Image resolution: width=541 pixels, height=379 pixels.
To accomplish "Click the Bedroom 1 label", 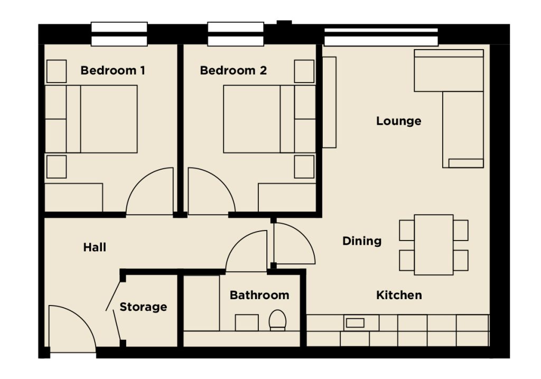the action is tap(113, 70).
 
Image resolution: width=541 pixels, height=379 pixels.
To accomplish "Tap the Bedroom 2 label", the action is tap(233, 70).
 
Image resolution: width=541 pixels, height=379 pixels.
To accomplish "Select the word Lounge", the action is tap(398, 121).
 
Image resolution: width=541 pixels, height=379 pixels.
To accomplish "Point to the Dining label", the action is tap(362, 241).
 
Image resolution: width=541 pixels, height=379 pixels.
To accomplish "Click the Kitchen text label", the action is tap(399, 295).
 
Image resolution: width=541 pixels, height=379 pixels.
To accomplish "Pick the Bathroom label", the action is tap(259, 295).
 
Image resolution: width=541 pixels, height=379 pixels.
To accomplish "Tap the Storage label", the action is tap(143, 307).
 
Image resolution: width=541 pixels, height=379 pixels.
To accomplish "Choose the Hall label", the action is tap(95, 247).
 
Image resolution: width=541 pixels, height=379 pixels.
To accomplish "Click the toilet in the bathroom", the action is tap(277, 320).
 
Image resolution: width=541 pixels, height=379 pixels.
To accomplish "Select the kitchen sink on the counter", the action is tap(355, 323).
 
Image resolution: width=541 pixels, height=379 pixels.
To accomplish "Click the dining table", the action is tap(434, 245).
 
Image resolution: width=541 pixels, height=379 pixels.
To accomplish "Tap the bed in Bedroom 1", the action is tap(91, 119).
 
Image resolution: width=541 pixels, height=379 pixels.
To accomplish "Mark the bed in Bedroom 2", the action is tap(269, 119).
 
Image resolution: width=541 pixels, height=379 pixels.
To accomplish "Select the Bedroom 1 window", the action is tap(119, 34).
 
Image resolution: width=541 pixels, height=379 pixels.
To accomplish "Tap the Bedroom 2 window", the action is tap(236, 34).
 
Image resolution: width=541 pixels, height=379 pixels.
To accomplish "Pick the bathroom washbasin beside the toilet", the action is tap(247, 323).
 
